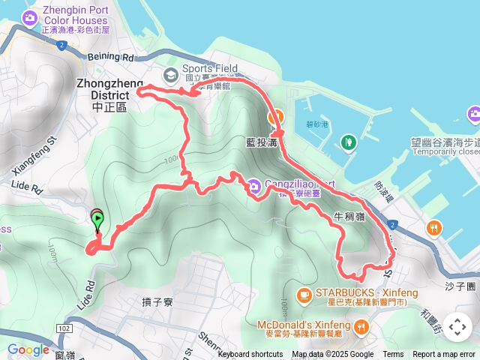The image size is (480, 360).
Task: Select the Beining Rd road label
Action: pyautogui.click(x=111, y=56)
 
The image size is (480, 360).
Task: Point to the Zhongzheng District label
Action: pyautogui.click(x=105, y=85)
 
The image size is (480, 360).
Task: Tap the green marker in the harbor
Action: pyautogui.click(x=348, y=141)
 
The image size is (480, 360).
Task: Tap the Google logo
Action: pyautogui.click(x=28, y=349)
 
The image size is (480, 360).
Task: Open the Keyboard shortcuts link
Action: pyautogui.click(x=250, y=355)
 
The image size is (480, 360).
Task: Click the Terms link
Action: pyautogui.click(x=393, y=355)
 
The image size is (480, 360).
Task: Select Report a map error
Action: pyautogui.click(x=444, y=355)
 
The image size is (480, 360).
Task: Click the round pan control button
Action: pyautogui.click(x=457, y=327)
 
